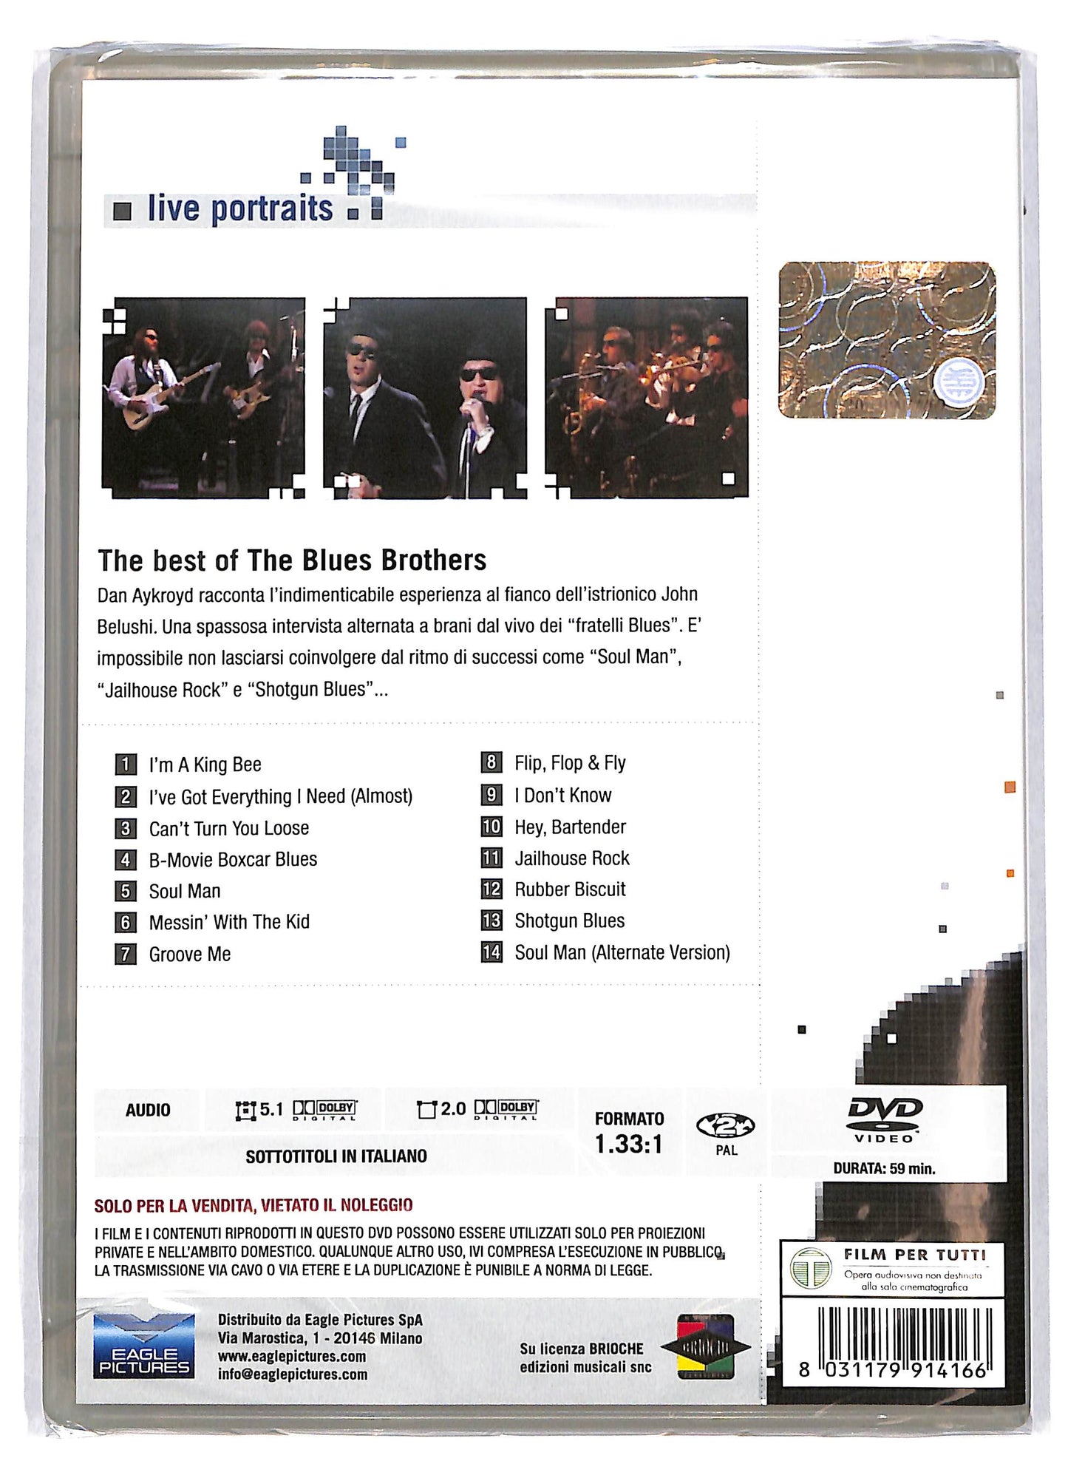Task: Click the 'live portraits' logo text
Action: (239, 209)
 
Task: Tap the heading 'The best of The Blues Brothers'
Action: (292, 560)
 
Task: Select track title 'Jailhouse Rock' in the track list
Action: (572, 858)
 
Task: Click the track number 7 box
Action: (126, 954)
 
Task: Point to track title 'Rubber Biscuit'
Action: (570, 889)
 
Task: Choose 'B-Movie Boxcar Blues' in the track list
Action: (233, 860)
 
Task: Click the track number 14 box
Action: (492, 952)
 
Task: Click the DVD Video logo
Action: (884, 1119)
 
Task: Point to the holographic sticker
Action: (887, 340)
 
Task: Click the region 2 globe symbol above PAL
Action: (725, 1126)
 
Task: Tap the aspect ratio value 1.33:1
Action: (629, 1145)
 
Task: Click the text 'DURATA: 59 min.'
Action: (884, 1169)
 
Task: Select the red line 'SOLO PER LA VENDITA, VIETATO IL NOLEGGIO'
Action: (254, 1206)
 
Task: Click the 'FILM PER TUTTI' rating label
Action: (914, 1255)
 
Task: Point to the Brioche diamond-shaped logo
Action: (705, 1347)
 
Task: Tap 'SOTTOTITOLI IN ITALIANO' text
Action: (336, 1156)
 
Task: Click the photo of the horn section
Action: (646, 397)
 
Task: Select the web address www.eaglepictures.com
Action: (292, 1357)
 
